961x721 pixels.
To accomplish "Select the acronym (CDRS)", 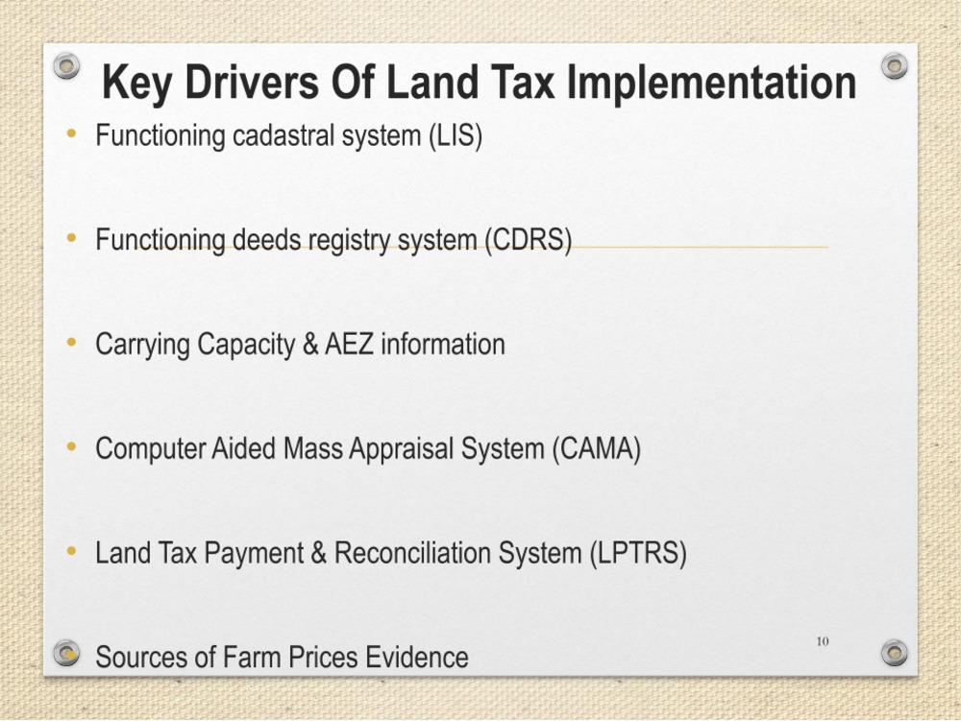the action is (x=528, y=240).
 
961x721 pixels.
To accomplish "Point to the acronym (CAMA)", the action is (x=596, y=448).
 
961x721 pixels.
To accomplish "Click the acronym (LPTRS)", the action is (x=637, y=553).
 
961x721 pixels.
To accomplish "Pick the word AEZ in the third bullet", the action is (x=349, y=344).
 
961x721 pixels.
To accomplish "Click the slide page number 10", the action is (x=823, y=641).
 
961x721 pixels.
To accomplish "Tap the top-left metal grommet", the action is (x=66, y=65).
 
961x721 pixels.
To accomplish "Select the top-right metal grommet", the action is (x=894, y=65).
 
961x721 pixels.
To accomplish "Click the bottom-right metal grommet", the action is (x=894, y=653).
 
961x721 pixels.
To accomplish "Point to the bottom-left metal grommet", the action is (x=66, y=653).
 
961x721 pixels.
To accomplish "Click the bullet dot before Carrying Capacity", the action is (x=72, y=342).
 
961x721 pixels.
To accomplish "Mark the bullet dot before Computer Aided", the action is (x=72, y=446).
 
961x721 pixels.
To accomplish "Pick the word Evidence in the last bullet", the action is (x=417, y=658).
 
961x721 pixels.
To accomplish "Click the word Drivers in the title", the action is (x=251, y=83).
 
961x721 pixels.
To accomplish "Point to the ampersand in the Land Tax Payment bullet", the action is (x=319, y=553).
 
